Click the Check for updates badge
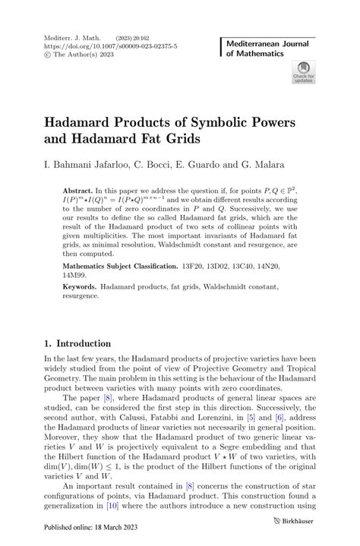pos(303,72)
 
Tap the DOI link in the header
pos(100,46)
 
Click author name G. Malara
pos(266,163)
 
